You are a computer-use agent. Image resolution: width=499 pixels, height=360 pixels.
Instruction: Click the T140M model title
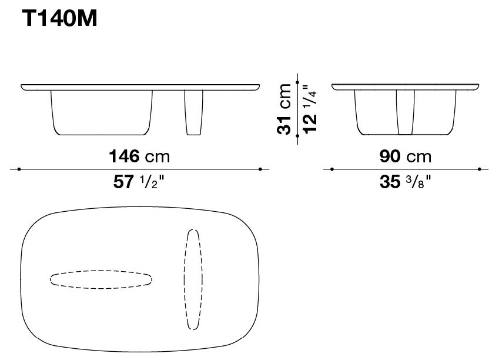click(x=59, y=18)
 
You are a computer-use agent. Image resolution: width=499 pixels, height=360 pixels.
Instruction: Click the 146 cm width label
click(x=139, y=156)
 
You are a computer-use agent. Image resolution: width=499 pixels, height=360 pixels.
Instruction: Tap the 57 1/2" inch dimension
click(x=139, y=182)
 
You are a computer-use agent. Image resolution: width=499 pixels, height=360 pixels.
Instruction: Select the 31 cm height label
click(x=284, y=109)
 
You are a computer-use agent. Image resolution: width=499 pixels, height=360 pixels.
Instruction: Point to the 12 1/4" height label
click(x=310, y=109)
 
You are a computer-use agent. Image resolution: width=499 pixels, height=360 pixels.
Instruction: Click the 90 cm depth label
click(x=406, y=156)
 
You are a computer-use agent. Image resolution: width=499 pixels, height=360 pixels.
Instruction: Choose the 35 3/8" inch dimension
click(x=406, y=182)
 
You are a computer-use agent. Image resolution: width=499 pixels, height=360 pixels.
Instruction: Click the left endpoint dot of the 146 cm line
click(x=19, y=169)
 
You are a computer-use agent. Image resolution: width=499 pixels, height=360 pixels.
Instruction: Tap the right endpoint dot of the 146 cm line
click(x=260, y=169)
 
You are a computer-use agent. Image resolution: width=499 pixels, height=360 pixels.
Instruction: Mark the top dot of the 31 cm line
click(x=297, y=82)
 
